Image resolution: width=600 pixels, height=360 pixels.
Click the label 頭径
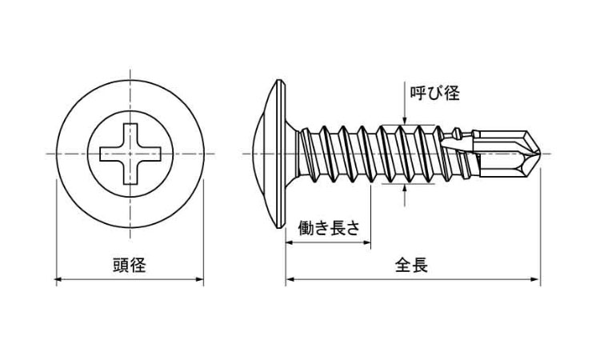pos(128,266)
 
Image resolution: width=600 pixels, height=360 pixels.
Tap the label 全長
pos(411,266)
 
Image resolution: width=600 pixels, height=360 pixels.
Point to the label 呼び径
pos(434,93)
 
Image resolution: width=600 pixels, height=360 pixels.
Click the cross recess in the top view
pos(130,153)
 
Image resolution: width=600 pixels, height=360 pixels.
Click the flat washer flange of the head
pos(281,153)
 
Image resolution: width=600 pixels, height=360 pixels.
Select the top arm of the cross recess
pos(130,133)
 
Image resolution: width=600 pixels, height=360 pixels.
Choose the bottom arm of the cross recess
pos(130,174)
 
